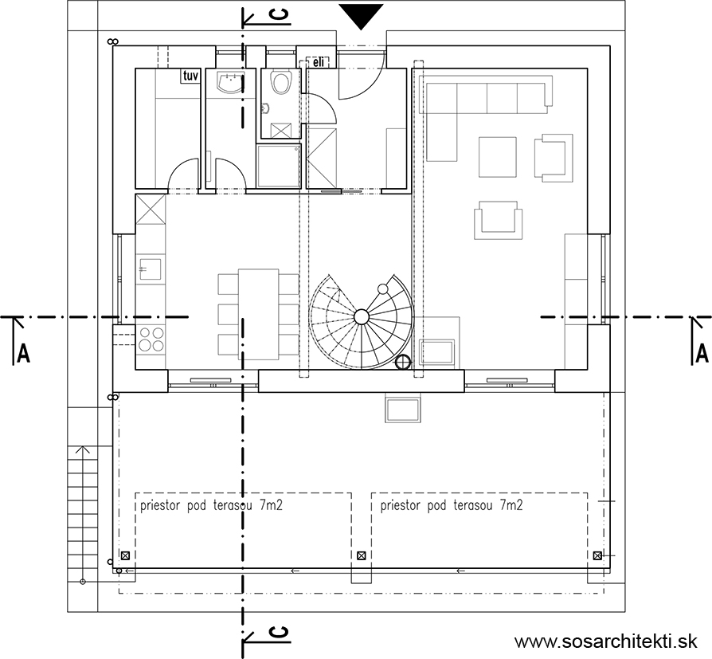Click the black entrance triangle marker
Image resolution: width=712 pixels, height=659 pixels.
coord(361,16)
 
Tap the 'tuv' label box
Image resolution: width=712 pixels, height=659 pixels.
coord(190,76)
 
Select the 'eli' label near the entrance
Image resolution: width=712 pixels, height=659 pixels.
coord(319,62)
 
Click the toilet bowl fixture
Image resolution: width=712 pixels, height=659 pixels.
coord(280,82)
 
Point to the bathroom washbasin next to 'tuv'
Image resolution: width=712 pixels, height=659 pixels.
coord(231,82)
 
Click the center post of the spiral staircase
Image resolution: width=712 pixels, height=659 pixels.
coord(362,316)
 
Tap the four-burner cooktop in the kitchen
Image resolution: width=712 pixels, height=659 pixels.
coord(151,339)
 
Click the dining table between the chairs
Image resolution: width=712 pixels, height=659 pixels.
coord(258,314)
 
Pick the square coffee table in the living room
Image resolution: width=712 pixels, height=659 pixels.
coord(497,157)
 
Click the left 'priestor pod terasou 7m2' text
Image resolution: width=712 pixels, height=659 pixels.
coord(211,505)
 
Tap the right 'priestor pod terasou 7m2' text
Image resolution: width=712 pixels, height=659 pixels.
coord(452,505)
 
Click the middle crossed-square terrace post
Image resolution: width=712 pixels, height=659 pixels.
coord(362,555)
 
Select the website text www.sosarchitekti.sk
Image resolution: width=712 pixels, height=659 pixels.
coord(606,641)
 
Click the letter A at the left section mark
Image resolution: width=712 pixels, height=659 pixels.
coord(23,353)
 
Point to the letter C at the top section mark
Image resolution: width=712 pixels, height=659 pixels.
coord(280,15)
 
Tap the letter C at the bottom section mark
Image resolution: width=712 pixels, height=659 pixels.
coord(280,632)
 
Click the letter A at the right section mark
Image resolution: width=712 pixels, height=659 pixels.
coord(702,353)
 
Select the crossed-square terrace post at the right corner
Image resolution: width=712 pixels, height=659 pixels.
coord(597,555)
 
